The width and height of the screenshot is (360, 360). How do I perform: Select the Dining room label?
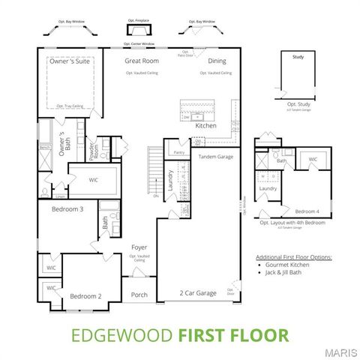217,61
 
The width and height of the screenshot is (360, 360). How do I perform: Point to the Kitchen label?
205,126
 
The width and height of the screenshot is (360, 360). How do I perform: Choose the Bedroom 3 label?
67,209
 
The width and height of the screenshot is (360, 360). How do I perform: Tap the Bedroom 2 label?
85,296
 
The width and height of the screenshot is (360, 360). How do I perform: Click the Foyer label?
139,247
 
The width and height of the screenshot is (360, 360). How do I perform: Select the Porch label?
139,295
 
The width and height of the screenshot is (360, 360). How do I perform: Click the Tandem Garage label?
217,157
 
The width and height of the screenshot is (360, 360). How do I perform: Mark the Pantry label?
178,152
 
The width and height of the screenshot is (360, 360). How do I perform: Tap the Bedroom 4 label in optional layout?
307,211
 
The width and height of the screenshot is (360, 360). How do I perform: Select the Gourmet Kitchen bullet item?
288,265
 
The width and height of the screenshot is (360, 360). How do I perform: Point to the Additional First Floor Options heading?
293,256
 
